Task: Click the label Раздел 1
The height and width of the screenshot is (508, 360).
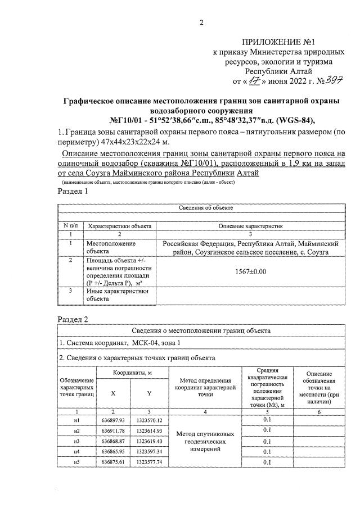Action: pyautogui.click(x=74, y=191)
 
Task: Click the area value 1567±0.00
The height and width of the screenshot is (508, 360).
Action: pyautogui.click(x=250, y=271)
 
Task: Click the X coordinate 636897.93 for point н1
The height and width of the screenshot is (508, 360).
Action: pyautogui.click(x=114, y=420)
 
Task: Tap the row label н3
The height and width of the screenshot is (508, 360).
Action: pyautogui.click(x=77, y=441)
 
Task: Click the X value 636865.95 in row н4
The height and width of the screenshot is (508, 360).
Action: pyautogui.click(x=114, y=451)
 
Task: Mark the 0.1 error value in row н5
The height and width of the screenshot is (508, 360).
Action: pyautogui.click(x=267, y=462)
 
